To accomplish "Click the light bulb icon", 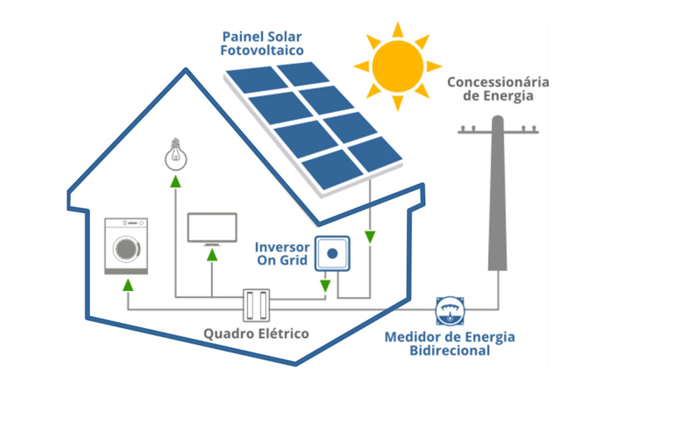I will tap(175, 155).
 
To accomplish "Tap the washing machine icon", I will tap(126, 246).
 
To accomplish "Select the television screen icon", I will tap(212, 228).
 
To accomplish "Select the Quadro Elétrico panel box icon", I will tap(256, 306).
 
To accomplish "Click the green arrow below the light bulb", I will tap(175, 181).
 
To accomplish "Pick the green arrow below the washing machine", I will tap(127, 285).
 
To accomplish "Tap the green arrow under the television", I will tap(212, 254).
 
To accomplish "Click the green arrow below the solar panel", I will tap(370, 237).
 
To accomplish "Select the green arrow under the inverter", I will tap(325, 286).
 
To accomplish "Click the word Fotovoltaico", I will tap(261, 51).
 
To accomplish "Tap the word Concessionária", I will tap(497, 82).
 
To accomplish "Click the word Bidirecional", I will tap(449, 351).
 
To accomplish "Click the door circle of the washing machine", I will tap(125, 249).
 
